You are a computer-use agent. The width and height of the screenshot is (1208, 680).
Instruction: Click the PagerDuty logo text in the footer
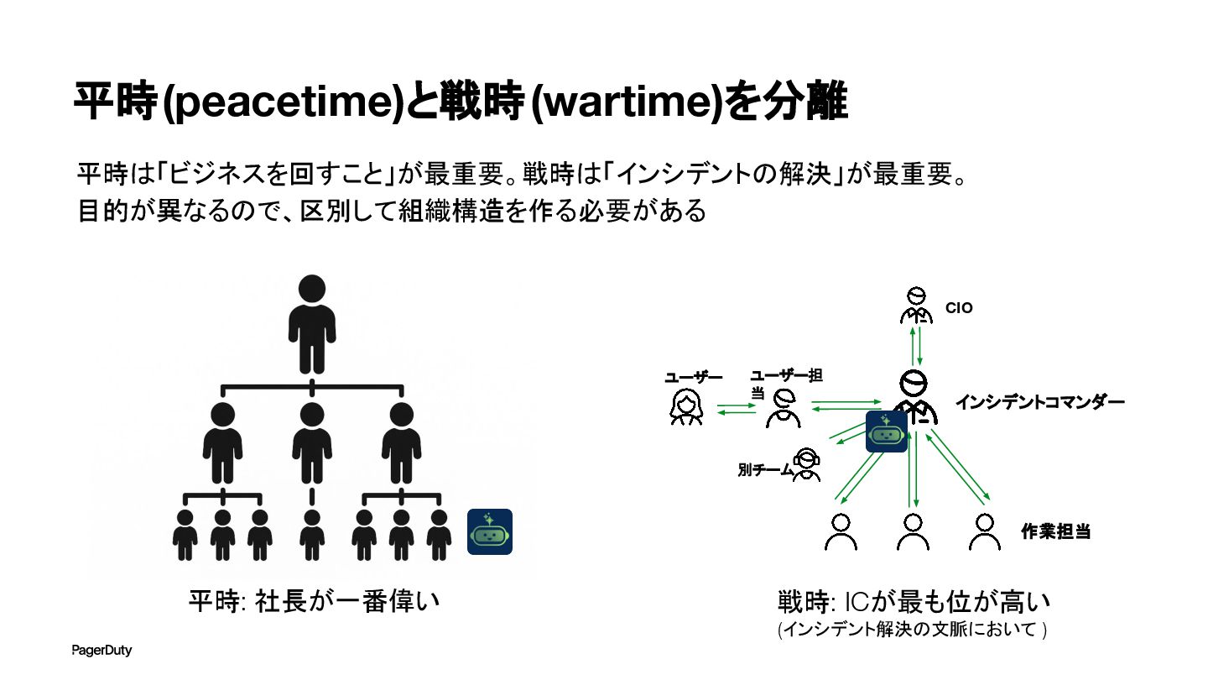(x=102, y=651)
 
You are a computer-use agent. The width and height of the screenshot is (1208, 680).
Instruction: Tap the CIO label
(x=959, y=308)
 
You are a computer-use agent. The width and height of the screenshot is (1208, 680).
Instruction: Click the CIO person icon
(x=916, y=306)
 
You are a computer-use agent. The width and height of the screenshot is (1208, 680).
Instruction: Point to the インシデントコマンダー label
(x=1039, y=402)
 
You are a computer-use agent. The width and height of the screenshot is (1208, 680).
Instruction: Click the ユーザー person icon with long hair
(x=685, y=407)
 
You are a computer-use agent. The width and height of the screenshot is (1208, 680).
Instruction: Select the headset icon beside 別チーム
(x=806, y=464)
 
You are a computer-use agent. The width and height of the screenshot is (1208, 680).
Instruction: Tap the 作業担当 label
(x=1055, y=531)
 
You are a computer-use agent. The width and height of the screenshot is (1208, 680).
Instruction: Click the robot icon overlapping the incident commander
(x=887, y=432)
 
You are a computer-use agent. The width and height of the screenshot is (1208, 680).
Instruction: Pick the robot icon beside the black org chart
(x=490, y=531)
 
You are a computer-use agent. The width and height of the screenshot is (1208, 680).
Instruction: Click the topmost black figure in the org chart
(x=312, y=323)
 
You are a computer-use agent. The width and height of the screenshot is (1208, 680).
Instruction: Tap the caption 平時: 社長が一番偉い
(x=314, y=602)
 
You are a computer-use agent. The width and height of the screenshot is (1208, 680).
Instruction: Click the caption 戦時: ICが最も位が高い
(x=914, y=602)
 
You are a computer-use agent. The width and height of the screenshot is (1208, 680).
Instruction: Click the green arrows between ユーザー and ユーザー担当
(x=737, y=410)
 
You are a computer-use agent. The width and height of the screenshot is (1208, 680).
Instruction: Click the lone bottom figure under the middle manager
(x=312, y=535)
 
